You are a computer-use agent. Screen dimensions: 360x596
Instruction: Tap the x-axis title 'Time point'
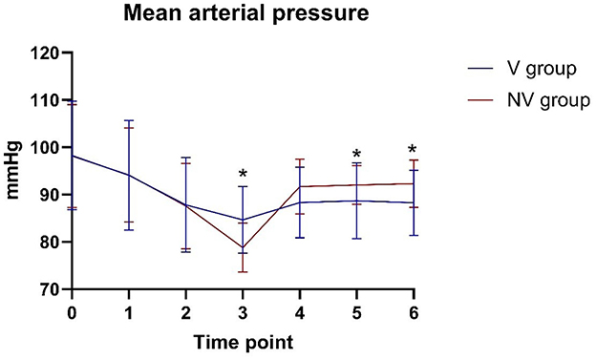[x=243, y=341]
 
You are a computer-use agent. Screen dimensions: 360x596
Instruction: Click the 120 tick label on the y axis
[x=48, y=53]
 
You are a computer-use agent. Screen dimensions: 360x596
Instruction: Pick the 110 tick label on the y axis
[x=48, y=100]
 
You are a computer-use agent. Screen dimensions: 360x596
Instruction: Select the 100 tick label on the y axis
[x=48, y=148]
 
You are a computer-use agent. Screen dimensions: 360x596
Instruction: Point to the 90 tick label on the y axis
[x=52, y=195]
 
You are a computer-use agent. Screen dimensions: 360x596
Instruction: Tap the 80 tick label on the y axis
[x=52, y=243]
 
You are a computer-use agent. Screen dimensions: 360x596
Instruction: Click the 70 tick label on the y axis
[x=52, y=289]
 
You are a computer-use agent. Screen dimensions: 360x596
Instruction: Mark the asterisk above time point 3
[x=243, y=175]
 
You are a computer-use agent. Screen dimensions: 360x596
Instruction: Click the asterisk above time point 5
[x=356, y=155]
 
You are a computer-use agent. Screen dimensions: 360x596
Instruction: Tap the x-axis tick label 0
[x=72, y=312]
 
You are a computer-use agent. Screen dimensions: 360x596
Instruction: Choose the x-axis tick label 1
[x=129, y=312]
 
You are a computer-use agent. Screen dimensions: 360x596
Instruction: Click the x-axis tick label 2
[x=185, y=312]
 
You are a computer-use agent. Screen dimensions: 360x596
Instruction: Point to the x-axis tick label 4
[x=299, y=312]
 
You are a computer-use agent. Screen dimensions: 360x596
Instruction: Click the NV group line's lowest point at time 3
[x=243, y=248]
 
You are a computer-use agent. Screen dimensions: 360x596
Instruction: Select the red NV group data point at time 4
[x=299, y=186]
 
